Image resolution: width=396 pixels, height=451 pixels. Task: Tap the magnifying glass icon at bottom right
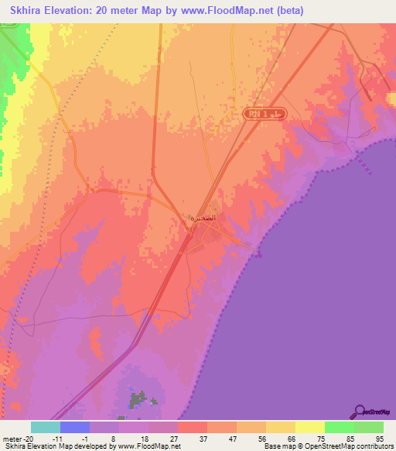(x=359, y=411)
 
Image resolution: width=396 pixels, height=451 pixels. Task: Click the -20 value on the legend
(x=26, y=438)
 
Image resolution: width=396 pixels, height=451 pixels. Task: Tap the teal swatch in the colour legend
(x=46, y=427)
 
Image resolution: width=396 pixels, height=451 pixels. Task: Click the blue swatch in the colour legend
(x=75, y=427)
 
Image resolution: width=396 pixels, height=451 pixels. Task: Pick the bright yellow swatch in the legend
(x=309, y=427)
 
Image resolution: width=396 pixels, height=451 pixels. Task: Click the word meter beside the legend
(x=11, y=438)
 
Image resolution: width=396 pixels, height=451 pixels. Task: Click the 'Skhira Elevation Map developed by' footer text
(x=46, y=446)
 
